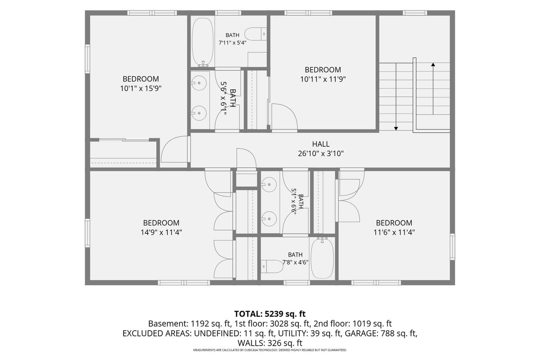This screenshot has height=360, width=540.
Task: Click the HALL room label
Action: point(320,144)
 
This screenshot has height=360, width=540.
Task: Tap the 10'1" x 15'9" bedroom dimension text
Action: point(141,89)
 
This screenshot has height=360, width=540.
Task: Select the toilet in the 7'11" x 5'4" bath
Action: point(256,34)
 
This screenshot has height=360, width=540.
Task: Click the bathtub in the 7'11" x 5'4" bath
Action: point(203,42)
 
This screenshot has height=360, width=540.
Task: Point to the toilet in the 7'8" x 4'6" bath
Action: point(272,266)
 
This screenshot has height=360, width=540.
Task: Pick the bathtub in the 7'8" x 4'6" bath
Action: point(322,258)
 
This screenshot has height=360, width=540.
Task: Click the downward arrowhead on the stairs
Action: point(396,129)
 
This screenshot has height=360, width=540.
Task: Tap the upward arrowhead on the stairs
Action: point(433,64)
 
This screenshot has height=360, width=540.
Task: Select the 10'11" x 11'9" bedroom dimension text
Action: point(323,79)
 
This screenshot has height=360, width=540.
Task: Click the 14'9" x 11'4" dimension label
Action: point(161,233)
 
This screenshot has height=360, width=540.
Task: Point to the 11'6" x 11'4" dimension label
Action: point(394,233)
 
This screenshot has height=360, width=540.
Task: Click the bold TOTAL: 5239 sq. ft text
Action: point(270,314)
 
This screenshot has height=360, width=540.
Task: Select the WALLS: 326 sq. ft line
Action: point(270,343)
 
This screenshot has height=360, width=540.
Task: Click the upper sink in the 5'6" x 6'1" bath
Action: point(199,83)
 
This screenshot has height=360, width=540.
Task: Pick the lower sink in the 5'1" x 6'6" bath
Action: point(269,219)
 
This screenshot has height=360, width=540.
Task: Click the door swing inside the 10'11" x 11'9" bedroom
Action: point(284,117)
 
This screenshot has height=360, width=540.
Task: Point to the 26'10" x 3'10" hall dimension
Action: point(320,153)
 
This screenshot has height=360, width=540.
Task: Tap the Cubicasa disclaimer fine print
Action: point(270,350)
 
